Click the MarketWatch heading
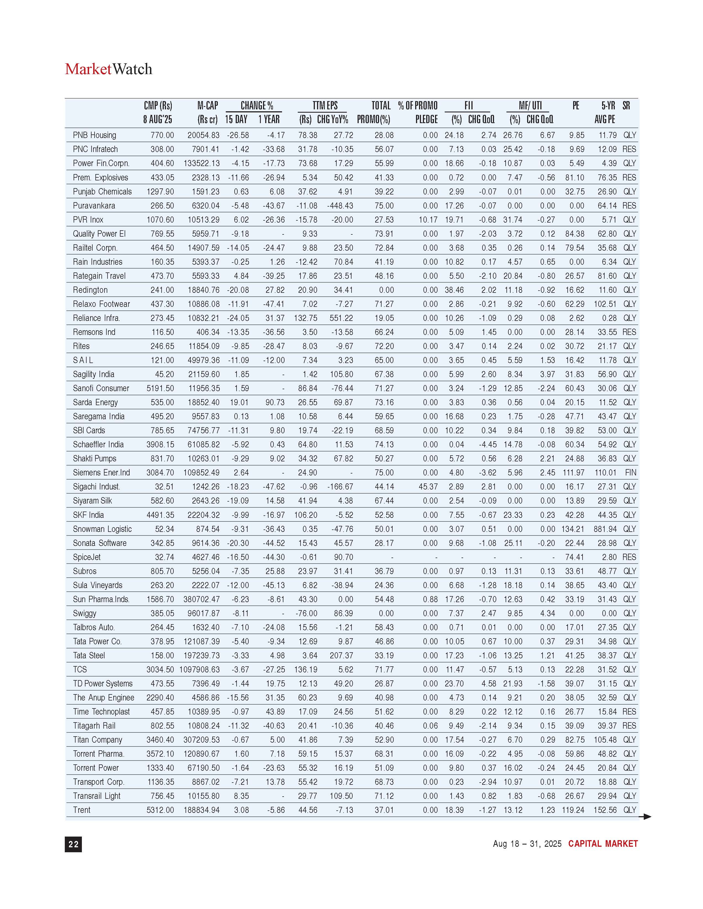[x=108, y=69]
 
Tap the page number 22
[x=73, y=844]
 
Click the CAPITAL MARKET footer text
[x=603, y=844]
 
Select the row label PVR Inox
[x=88, y=220]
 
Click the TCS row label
[x=80, y=669]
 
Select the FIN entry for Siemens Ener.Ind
[x=630, y=473]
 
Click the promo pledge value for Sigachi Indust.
[x=428, y=486]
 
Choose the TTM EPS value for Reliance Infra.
[x=306, y=318]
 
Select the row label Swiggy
[x=85, y=613]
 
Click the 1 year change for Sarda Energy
[x=275, y=402]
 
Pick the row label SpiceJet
[x=87, y=557]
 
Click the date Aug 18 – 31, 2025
[x=527, y=844]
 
